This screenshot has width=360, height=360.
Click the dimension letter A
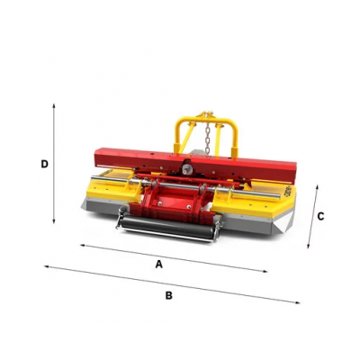159,264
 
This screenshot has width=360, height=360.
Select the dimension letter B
169,295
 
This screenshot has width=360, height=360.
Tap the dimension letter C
320,216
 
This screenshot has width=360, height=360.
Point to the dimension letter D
44,164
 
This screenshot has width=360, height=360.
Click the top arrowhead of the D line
54,105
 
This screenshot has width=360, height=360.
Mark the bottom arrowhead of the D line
54,221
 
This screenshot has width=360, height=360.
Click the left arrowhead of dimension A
82,246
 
